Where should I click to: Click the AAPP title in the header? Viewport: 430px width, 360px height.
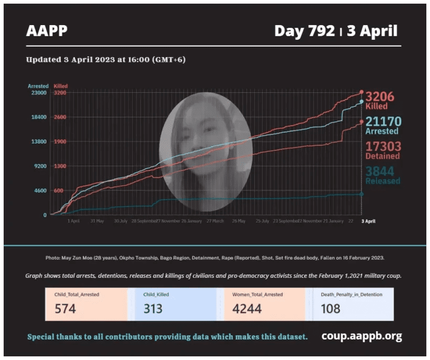(47, 31)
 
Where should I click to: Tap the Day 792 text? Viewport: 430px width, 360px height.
(304, 31)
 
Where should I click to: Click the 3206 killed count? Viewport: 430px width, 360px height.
(380, 97)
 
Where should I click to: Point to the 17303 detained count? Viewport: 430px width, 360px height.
(383, 147)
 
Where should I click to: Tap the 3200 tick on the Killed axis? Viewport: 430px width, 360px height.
(60, 93)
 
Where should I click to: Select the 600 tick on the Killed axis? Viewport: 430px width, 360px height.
(59, 191)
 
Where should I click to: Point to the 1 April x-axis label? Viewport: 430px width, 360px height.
(73, 221)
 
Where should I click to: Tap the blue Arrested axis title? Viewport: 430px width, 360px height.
(38, 86)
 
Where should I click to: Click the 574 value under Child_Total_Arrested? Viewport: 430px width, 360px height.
(65, 309)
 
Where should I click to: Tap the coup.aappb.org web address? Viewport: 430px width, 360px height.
(362, 336)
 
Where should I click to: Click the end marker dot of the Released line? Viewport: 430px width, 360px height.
(361, 194)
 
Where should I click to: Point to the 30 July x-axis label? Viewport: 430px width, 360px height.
(121, 221)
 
